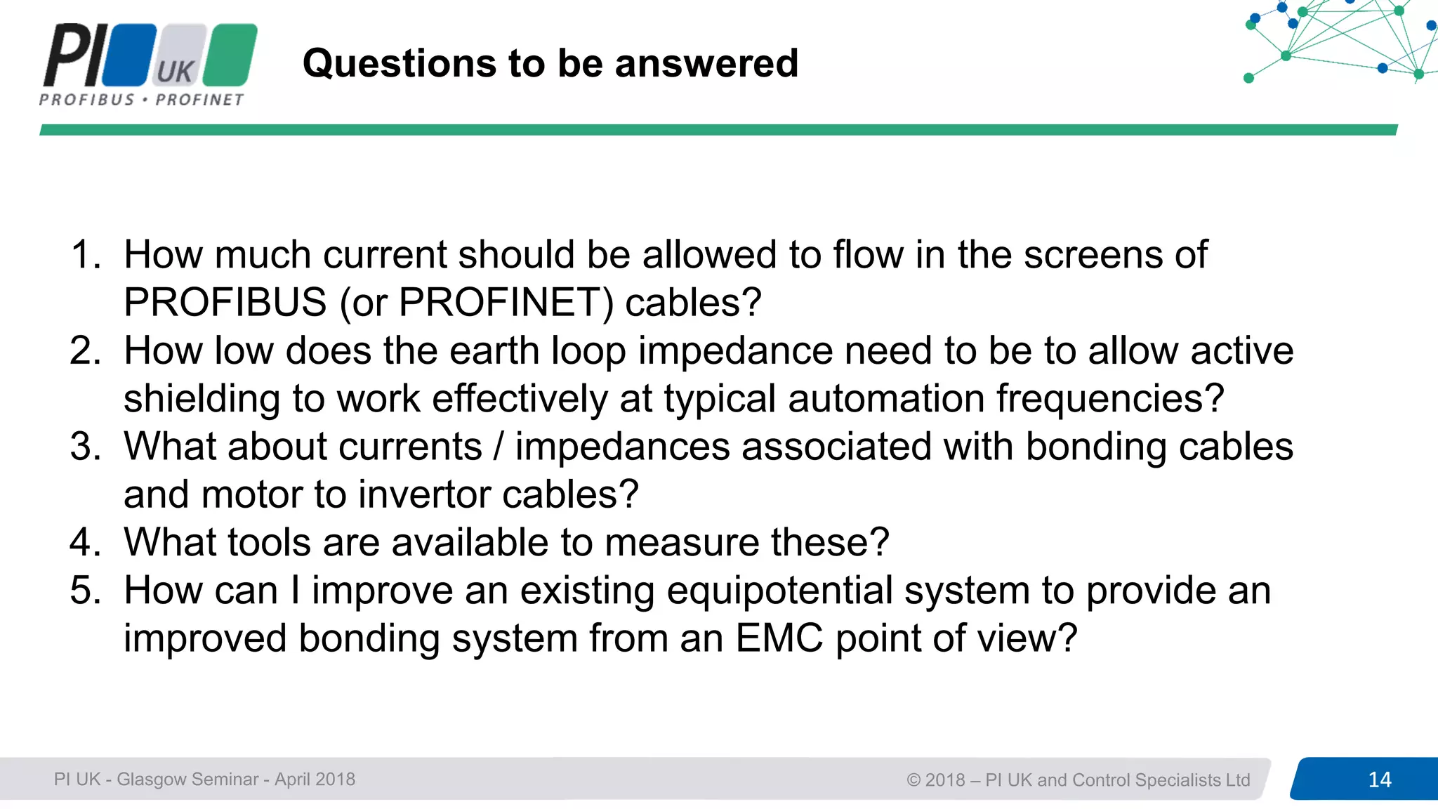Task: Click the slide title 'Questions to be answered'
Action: [550, 63]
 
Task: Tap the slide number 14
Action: [1379, 780]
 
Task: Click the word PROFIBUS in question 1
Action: [225, 303]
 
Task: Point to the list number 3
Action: [86, 447]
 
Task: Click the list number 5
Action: [86, 591]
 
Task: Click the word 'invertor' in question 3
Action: [426, 494]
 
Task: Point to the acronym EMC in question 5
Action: [779, 638]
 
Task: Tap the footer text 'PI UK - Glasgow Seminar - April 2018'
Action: [204, 780]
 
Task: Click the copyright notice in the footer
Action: [1078, 780]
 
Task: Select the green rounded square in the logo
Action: [231, 55]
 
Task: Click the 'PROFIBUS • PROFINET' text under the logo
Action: [142, 100]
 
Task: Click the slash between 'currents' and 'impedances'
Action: [499, 447]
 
